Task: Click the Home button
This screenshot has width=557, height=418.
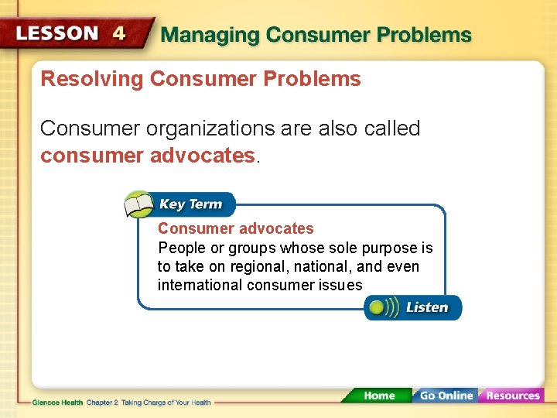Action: (378, 396)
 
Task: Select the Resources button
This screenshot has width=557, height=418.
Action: (512, 396)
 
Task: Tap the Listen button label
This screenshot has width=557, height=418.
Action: (427, 307)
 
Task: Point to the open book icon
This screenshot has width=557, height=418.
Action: (138, 205)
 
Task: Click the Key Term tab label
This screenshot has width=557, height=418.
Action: (190, 204)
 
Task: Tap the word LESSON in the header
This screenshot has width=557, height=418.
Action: (57, 34)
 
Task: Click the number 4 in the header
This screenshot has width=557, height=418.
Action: (118, 34)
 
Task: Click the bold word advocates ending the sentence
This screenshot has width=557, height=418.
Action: (203, 156)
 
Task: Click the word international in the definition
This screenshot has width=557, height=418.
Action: (200, 285)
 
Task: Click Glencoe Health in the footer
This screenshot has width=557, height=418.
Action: (57, 403)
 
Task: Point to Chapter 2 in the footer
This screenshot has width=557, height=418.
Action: (102, 403)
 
